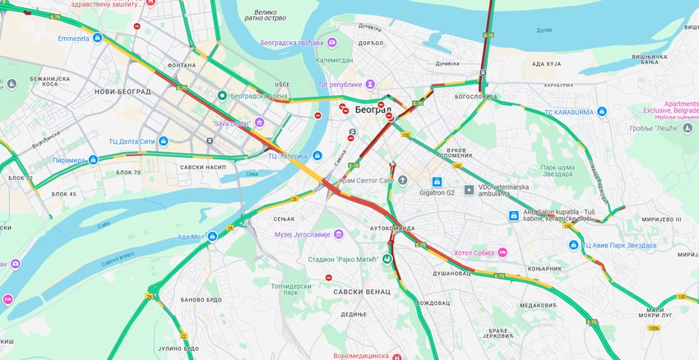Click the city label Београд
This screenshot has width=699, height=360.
coord(373,109)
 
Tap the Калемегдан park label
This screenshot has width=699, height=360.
coord(333,60)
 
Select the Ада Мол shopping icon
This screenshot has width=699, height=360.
coord(212,237)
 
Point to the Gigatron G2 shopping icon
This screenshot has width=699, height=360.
coord(437,182)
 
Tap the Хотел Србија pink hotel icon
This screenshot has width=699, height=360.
coord(502,252)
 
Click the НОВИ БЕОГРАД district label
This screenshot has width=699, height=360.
coord(123,91)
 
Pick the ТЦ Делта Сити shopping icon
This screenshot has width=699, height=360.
coord(163,141)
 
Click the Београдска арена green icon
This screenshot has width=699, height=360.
coord(221,95)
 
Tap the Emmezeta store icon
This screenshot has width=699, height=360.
coord(97,38)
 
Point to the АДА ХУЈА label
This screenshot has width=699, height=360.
coord(546,63)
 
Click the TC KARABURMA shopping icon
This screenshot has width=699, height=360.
coord(602,111)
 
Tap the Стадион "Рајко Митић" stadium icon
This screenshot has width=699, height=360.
coord(387,246)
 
